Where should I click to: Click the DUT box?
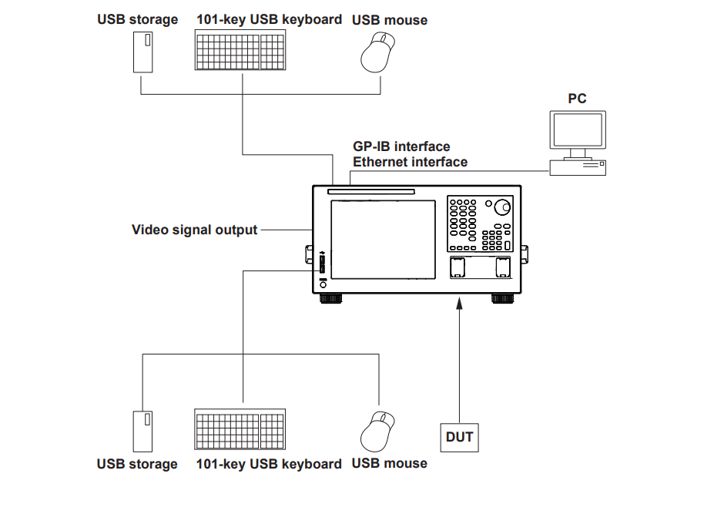459,438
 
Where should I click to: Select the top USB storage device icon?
143,52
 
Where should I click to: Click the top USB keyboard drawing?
240,50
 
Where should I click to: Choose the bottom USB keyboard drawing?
240,430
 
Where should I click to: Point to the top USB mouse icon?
377,53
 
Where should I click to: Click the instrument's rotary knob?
502,206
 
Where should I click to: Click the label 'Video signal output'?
194,230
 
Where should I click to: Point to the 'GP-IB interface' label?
401,146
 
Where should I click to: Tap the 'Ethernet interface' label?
410,162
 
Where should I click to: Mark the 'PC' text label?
577,99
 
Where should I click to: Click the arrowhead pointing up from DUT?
459,306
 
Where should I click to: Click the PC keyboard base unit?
577,166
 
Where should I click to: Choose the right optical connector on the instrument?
503,267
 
